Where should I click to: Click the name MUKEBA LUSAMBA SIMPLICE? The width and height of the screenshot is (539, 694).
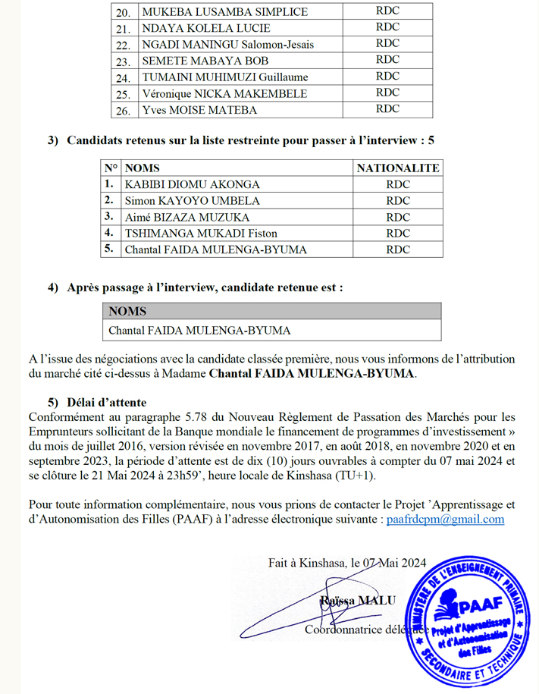[x=224, y=11]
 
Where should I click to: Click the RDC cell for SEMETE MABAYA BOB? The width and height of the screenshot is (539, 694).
[x=387, y=60]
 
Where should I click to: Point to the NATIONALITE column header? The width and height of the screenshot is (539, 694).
[x=397, y=168]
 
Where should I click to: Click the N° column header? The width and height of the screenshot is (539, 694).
[x=111, y=168]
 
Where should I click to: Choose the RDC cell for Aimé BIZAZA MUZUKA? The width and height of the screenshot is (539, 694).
[x=397, y=217]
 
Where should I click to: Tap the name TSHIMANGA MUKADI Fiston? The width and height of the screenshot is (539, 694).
[x=201, y=233]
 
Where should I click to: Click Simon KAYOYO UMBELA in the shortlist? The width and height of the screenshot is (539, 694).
[x=192, y=201]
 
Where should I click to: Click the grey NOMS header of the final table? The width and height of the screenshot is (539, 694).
[x=128, y=311]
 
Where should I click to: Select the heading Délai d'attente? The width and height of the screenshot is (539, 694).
[x=107, y=402]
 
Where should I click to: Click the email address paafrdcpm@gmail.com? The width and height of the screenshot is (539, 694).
[x=445, y=520]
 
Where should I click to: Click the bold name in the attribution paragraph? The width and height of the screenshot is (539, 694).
[x=312, y=374]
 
